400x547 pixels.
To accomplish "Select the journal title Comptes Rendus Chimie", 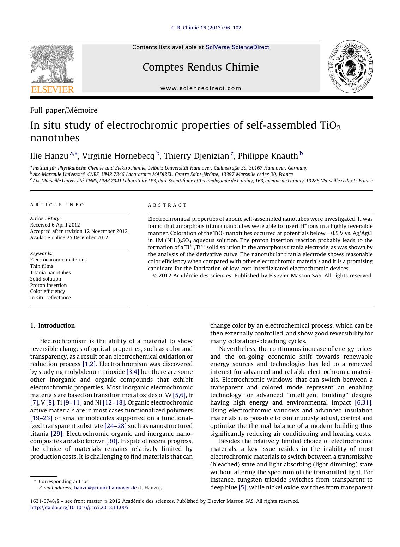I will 200,67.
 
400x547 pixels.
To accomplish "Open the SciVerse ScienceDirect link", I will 237,47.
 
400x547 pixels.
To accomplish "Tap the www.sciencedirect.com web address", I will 201,88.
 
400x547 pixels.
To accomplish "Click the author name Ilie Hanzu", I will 49,156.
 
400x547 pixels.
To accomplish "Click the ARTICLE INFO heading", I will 57,205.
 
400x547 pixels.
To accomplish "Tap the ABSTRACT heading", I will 167,205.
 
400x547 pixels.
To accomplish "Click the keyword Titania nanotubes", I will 50,272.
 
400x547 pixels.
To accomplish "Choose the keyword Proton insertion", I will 48,285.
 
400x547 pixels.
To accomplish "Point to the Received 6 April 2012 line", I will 55,225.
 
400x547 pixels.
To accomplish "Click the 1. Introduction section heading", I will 53,325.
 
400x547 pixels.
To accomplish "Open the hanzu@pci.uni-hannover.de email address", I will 105,488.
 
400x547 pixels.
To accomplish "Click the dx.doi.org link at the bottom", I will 79,507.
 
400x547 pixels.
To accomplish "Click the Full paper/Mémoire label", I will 64,110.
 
